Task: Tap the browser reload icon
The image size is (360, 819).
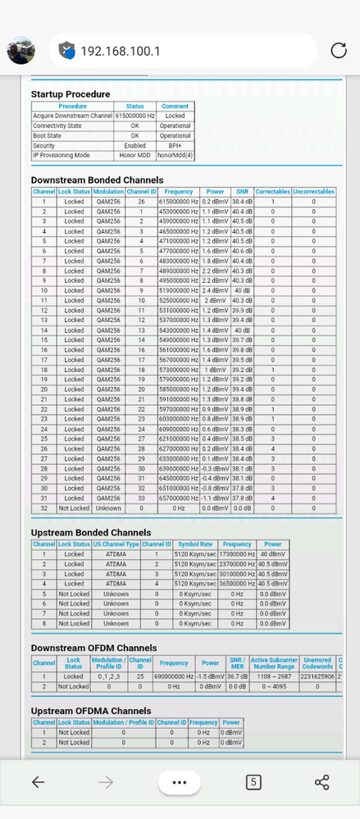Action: point(338,51)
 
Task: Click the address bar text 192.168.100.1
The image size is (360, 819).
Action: point(121,51)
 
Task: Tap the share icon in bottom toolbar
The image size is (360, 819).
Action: point(321,781)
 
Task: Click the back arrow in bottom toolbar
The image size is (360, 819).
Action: point(38,781)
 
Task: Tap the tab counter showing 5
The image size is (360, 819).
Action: point(253,781)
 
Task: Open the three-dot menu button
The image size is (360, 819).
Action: point(180,781)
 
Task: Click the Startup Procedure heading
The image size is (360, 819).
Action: point(71,94)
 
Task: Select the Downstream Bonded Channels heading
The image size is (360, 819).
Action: point(97,180)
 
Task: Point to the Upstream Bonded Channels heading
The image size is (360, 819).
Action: point(90,532)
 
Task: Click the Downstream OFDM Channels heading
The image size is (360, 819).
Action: point(93,648)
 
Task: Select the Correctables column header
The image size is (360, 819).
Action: point(272,191)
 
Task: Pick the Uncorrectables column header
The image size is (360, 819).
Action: point(313,191)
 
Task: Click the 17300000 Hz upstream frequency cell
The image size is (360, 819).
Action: point(237,554)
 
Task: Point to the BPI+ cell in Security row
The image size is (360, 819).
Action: point(175,145)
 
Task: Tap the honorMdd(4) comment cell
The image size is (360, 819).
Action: point(175,155)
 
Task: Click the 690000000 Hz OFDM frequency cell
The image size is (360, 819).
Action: point(174,676)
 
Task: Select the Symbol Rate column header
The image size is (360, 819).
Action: point(195,544)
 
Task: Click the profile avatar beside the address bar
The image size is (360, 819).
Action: point(21,51)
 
